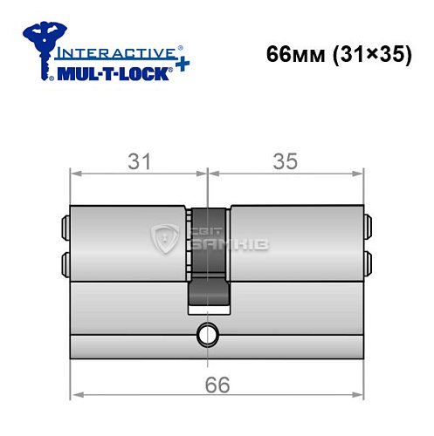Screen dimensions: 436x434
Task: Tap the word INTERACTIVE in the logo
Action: click(x=108, y=52)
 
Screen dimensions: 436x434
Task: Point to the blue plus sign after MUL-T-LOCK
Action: click(x=180, y=69)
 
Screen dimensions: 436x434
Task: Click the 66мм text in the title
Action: click(x=293, y=51)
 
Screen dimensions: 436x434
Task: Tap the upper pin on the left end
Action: click(x=66, y=228)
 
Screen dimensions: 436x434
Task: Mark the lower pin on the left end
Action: click(x=66, y=262)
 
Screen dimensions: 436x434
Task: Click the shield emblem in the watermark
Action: click(x=165, y=237)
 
